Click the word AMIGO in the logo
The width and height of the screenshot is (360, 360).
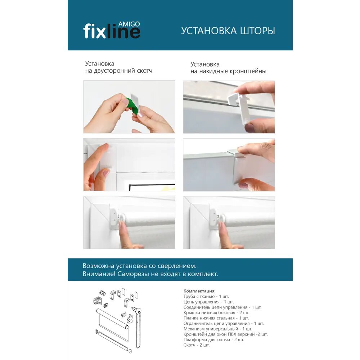[x=129, y=24]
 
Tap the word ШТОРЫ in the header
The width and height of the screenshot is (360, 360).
[x=257, y=31]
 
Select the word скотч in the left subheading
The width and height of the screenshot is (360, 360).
[x=145, y=71]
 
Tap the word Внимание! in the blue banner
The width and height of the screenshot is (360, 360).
[x=99, y=274]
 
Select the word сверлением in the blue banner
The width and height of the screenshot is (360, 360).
[x=177, y=266]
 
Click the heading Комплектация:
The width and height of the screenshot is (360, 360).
[x=199, y=291]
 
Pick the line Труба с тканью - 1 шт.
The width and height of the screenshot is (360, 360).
[x=206, y=296]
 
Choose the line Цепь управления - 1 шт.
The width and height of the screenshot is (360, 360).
[x=208, y=302]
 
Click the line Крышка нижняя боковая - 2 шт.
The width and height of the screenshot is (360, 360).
[x=216, y=313]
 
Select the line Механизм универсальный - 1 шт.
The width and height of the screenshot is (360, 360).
[x=218, y=329]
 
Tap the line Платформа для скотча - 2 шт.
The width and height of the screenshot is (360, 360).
[x=214, y=339]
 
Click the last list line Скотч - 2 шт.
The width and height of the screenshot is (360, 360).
[x=197, y=345]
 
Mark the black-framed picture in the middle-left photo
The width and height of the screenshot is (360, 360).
[x=152, y=187]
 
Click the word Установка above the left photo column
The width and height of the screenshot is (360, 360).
[x=100, y=64]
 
